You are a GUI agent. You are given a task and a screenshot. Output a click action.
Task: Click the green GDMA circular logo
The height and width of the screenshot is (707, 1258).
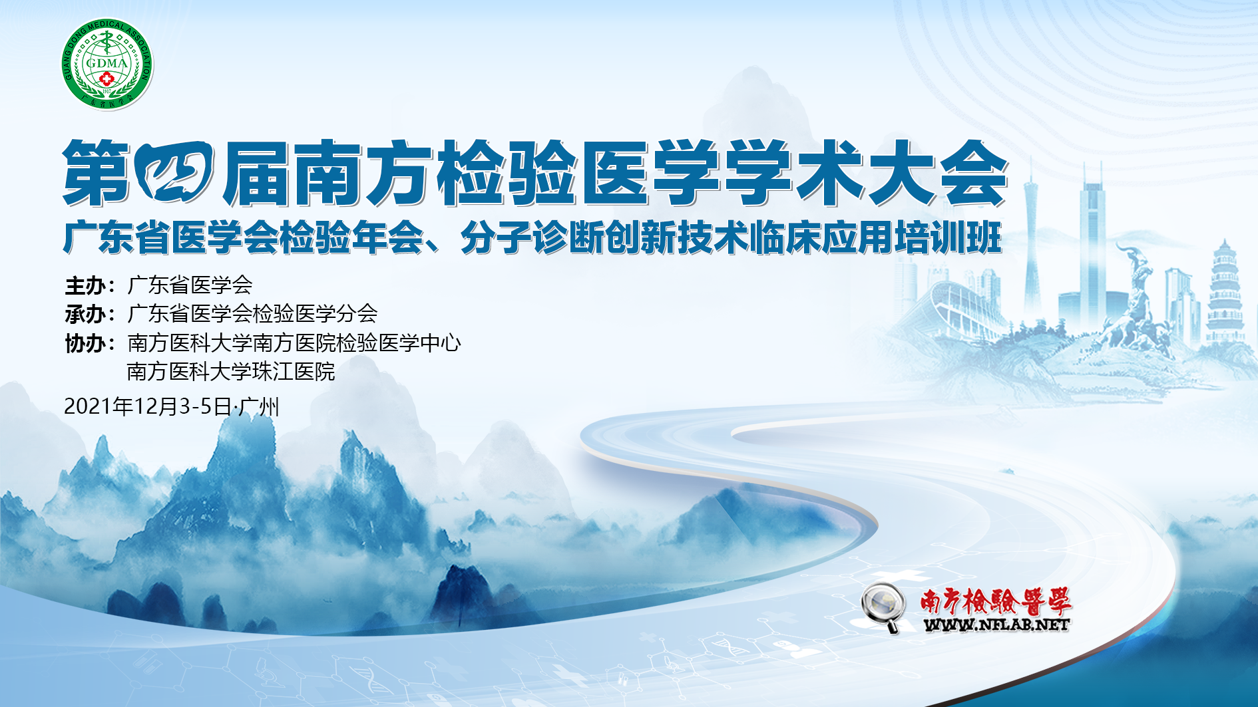point(106,64)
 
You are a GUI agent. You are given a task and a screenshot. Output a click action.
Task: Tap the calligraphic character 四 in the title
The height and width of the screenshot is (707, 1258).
point(175,172)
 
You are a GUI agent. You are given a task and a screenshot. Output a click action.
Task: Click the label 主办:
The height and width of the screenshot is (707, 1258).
point(91,285)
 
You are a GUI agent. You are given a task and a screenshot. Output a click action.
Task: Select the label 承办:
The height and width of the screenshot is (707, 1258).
point(91,314)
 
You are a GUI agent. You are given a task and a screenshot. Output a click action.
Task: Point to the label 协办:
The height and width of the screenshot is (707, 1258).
point(91,343)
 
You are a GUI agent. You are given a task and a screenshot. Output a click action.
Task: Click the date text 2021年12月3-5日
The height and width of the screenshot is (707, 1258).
point(148,406)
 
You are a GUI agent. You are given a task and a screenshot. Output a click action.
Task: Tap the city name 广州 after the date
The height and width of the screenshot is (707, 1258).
point(259,406)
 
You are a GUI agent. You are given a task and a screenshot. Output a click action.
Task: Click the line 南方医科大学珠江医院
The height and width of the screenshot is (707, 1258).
point(231,371)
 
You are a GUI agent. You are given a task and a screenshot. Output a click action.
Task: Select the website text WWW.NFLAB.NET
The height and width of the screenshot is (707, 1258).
point(996,625)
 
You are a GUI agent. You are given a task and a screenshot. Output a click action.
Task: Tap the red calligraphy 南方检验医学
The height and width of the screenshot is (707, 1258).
point(996,601)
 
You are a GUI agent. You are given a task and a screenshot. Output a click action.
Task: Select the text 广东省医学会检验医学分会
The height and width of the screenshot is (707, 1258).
point(252,314)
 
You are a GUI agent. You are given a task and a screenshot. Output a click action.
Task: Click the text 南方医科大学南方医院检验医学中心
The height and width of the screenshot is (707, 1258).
point(294,343)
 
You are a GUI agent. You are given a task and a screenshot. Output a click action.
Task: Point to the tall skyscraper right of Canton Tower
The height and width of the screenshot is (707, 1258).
point(1092,246)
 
